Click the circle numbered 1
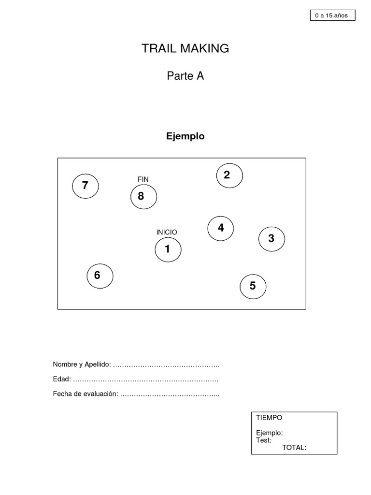coord(168,250)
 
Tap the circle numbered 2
coord(229,175)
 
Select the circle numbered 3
coord(271,239)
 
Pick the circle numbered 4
coord(221,228)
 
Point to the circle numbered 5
coord(253,287)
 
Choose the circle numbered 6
coord(100,276)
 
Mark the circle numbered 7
coord(86,186)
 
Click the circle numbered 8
coord(143,197)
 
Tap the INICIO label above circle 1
coord(167,233)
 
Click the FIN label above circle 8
coord(143,179)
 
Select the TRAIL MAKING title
coord(185,48)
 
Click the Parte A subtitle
coord(185,76)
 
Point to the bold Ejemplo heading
coord(185,136)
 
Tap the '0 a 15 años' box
coord(332,15)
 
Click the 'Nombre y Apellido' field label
coord(82,364)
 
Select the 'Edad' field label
coord(62,379)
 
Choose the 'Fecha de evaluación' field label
coord(86,394)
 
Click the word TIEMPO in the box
coord(269,418)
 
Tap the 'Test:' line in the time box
coord(264,440)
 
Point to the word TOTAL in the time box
coord(294,448)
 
